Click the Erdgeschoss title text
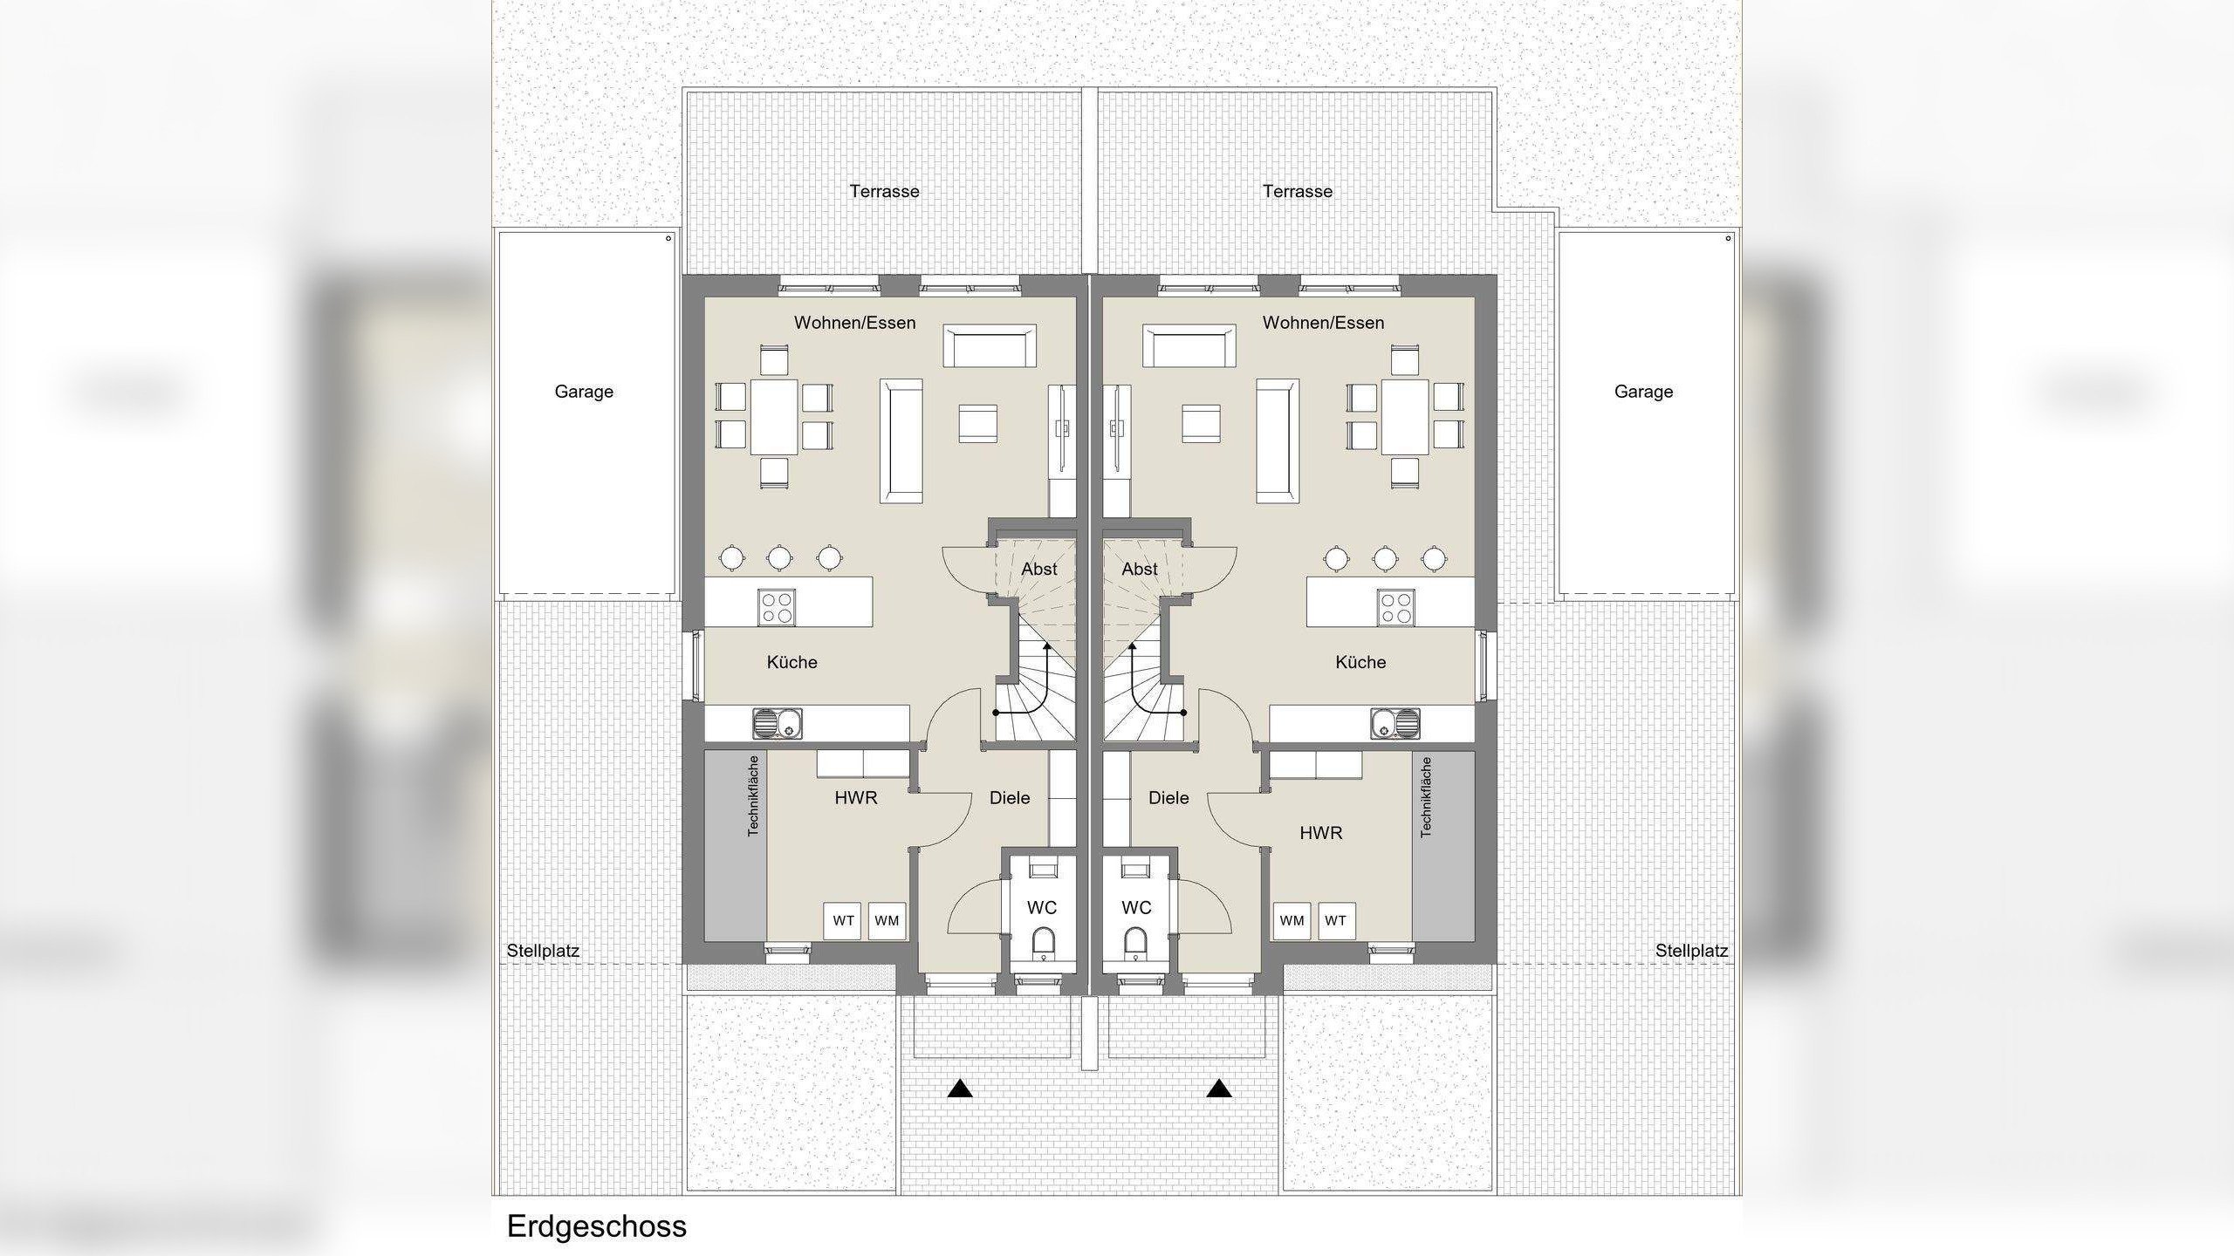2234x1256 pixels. point(597,1226)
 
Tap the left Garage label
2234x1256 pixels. point(584,392)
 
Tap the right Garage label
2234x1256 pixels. point(1643,392)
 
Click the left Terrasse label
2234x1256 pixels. point(884,191)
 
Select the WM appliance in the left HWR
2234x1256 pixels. point(887,920)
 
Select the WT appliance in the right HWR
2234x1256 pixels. point(1335,920)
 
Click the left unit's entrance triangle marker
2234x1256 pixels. point(960,1089)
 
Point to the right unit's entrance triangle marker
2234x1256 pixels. point(1219,1089)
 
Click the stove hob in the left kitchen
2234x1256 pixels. point(776,607)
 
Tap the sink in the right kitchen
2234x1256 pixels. point(1395,723)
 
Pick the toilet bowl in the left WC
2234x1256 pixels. point(1043,942)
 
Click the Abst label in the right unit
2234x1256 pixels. point(1139,569)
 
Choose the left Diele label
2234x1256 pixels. point(1010,797)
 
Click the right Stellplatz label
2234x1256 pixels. point(1691,951)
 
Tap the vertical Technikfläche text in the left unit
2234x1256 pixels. point(753,795)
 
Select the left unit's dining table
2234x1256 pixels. point(774,416)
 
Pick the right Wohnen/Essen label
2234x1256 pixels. point(1323,323)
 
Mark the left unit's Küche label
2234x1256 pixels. point(791,662)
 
